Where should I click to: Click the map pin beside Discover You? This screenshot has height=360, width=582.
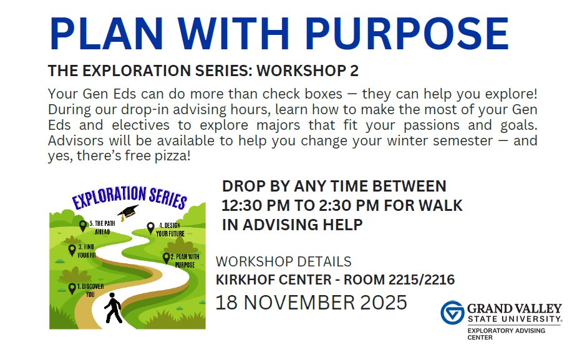[72, 288]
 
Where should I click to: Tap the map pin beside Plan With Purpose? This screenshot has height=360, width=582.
[167, 257]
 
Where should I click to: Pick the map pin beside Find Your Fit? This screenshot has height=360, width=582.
[72, 250]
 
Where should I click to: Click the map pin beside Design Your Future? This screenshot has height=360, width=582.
[150, 228]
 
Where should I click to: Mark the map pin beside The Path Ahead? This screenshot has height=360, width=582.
[83, 225]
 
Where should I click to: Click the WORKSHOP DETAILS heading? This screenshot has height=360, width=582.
[283, 261]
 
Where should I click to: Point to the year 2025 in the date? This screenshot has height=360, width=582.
[384, 303]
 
